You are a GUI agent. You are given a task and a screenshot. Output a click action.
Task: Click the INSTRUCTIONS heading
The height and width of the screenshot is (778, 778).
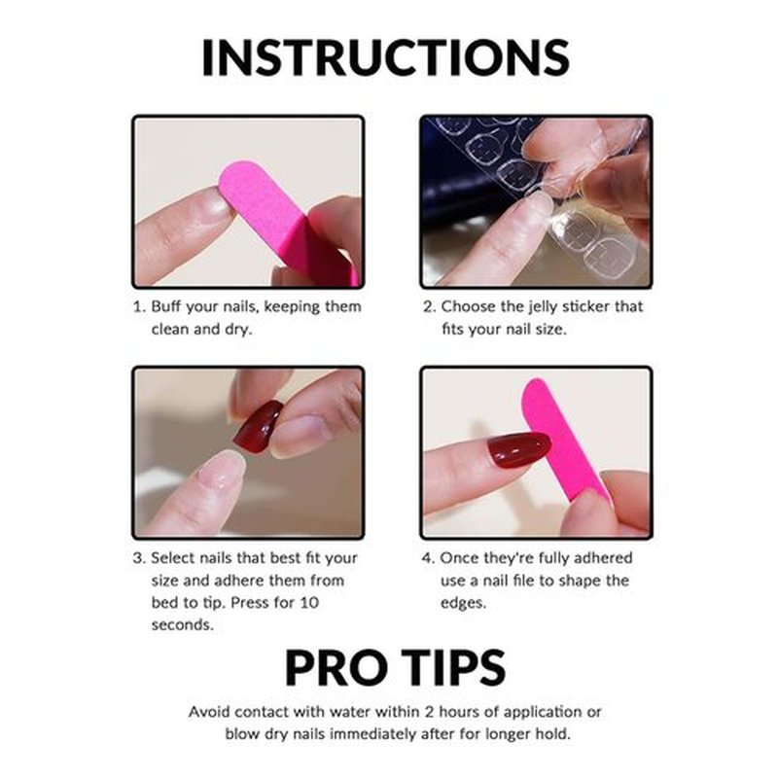tap(385, 57)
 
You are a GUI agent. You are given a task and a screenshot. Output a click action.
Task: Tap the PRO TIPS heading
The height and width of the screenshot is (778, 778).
tap(396, 667)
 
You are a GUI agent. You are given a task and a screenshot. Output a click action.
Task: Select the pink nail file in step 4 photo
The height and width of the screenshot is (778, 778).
tap(566, 440)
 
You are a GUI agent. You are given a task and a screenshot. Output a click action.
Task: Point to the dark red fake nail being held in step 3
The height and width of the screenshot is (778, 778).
tap(258, 427)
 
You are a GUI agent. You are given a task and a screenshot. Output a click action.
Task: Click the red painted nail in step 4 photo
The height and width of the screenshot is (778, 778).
tap(518, 449)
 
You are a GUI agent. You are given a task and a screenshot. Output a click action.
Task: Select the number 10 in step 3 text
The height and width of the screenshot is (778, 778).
tap(309, 603)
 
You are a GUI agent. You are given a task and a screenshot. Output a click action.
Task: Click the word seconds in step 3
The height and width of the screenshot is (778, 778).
tap(183, 624)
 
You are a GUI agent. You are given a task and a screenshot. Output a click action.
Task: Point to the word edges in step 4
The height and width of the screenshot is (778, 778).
tap(464, 604)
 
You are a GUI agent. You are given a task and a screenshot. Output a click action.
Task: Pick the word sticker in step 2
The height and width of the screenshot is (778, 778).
tap(587, 306)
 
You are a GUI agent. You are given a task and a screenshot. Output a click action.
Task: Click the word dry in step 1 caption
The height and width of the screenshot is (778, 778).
tap(238, 330)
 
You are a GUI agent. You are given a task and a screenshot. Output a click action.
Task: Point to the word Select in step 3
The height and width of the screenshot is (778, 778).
tap(174, 558)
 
